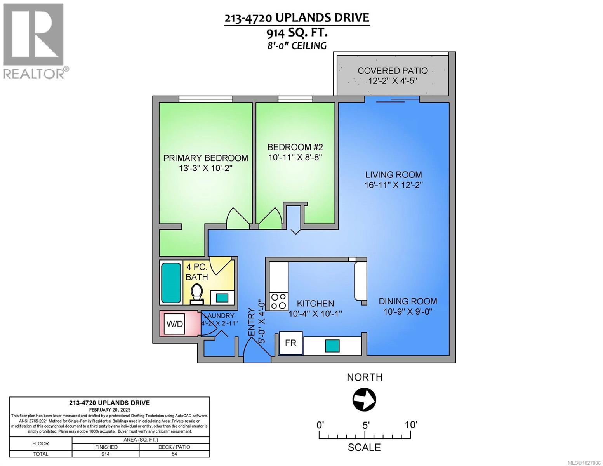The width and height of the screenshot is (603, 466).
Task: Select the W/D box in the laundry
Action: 174,324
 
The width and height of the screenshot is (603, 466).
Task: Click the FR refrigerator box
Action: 291,343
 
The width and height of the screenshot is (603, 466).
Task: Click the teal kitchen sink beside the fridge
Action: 332,345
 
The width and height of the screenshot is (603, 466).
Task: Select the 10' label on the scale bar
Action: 410,424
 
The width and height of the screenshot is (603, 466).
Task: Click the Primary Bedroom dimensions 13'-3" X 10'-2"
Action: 205,168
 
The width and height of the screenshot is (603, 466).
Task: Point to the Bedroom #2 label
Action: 295,147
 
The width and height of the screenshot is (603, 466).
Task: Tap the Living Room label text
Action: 393,175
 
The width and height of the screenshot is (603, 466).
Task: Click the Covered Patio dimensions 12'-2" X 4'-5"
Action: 393,81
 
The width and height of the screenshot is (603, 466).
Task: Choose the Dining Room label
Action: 408,301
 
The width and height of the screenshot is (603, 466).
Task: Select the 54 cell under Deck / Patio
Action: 174,454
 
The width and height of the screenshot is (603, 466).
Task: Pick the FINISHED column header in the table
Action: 106,447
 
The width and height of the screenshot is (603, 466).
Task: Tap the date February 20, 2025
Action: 109,410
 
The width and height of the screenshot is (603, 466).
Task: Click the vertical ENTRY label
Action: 251,322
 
